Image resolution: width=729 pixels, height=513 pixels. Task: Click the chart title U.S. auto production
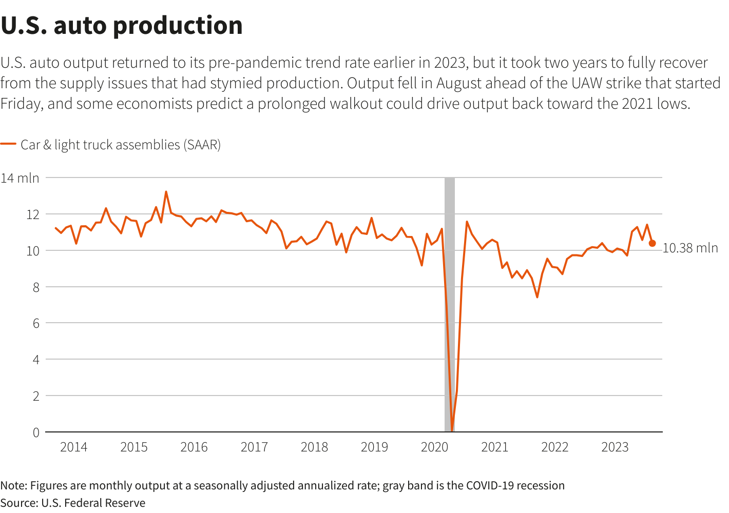click(122, 26)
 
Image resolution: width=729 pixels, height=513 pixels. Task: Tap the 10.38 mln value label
click(690, 248)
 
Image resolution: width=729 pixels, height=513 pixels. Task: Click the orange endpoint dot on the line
click(652, 243)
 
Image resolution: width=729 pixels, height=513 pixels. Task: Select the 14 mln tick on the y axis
click(20, 178)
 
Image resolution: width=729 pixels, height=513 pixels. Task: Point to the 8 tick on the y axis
click(36, 287)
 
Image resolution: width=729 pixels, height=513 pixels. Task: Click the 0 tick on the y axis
click(36, 432)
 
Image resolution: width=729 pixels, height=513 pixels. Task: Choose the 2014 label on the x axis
click(73, 447)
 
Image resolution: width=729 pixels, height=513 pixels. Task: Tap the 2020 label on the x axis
click(434, 447)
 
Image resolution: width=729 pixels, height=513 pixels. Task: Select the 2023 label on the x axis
click(615, 447)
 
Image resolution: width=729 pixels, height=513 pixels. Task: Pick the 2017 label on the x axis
click(254, 447)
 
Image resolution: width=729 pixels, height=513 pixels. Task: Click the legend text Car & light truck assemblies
click(120, 145)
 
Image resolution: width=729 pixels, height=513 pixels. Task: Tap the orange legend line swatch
click(8, 145)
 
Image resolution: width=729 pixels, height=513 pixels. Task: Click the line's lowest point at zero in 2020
click(452, 430)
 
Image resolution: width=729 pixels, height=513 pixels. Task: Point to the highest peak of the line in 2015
click(166, 192)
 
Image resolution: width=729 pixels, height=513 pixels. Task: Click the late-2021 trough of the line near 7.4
click(537, 297)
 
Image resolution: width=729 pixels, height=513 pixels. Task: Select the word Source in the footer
click(18, 503)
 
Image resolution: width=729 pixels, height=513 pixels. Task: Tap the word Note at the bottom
click(13, 486)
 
